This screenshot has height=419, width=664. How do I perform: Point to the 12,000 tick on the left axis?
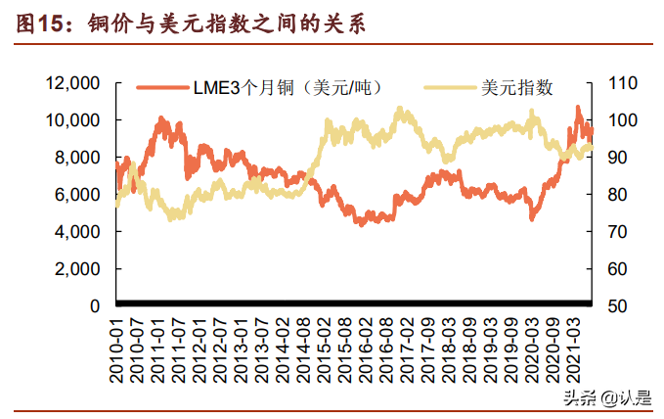tap(73, 83)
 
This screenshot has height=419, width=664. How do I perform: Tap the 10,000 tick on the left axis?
tap(73, 120)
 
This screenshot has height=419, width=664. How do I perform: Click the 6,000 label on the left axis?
tap(77, 195)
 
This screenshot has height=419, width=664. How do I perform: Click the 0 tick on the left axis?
tap(96, 306)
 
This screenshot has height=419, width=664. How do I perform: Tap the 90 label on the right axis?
tap(615, 158)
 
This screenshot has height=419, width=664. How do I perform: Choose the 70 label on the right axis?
tap(615, 232)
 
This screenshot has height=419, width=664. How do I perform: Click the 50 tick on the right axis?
tap(615, 306)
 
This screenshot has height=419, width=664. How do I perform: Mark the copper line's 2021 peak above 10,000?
tap(577, 108)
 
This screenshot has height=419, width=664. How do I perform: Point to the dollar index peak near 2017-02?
tap(400, 110)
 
